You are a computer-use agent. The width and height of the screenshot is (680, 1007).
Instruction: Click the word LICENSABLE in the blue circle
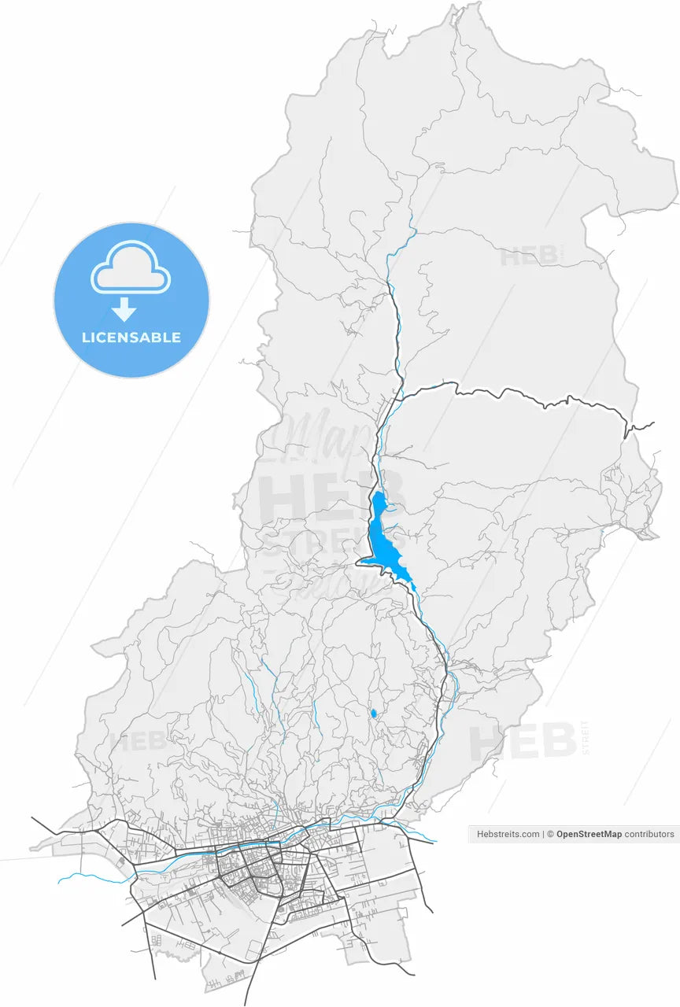(x=131, y=338)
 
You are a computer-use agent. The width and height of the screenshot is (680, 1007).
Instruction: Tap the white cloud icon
(x=131, y=270)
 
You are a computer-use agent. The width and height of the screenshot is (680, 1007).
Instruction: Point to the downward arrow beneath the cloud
(x=124, y=309)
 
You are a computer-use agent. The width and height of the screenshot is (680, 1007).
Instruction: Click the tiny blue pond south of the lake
(x=373, y=714)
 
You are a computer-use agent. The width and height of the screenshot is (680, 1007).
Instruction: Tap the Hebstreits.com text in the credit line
(x=508, y=834)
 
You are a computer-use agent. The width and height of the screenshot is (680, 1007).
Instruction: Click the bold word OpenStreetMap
(x=589, y=834)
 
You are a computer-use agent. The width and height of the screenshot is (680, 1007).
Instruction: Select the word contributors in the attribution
(x=649, y=834)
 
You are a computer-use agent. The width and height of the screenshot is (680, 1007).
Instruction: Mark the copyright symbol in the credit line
(x=551, y=834)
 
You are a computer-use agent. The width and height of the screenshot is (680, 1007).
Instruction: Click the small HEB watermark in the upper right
(x=529, y=256)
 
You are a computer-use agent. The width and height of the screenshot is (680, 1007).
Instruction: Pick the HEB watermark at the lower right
(x=523, y=742)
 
